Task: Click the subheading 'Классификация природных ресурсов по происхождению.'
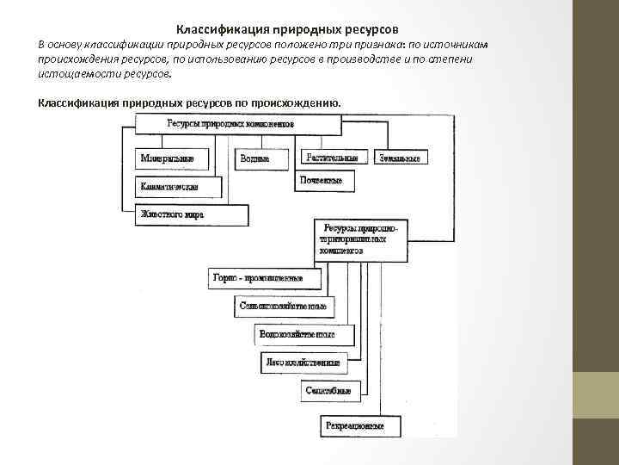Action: pos(189,103)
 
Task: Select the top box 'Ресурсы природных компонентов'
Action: pos(230,124)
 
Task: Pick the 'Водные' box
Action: pos(256,158)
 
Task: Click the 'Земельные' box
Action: pos(401,158)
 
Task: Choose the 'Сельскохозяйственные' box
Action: pos(285,306)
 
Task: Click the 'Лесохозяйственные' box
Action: pos(303,363)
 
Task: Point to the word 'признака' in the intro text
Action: pos(369,44)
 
